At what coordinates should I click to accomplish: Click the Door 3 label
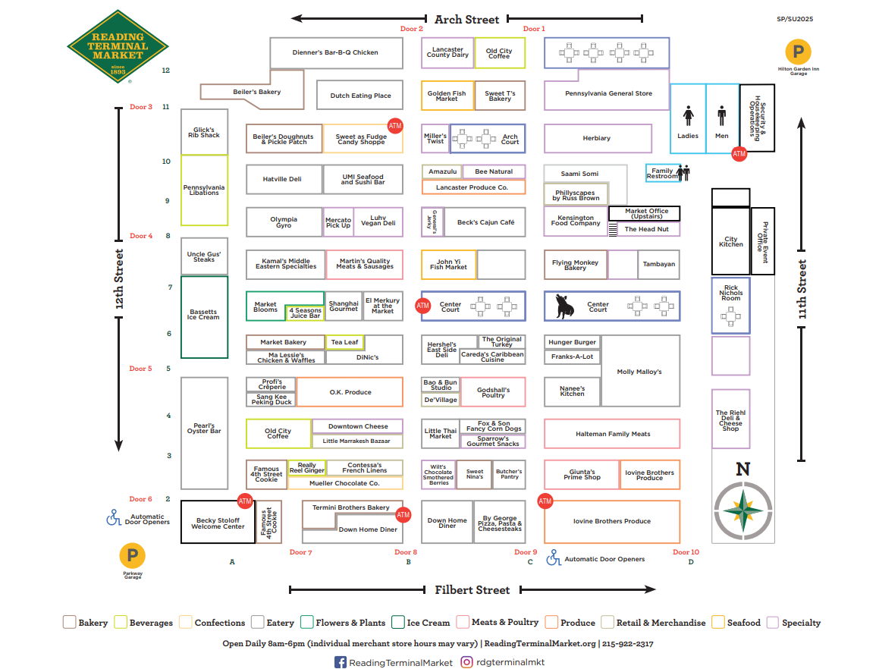click(x=140, y=107)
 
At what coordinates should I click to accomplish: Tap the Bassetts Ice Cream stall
click(x=204, y=316)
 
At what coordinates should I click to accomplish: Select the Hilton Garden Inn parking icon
click(x=798, y=52)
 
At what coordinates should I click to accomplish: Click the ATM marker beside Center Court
click(x=423, y=306)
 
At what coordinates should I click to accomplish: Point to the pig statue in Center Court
click(x=565, y=306)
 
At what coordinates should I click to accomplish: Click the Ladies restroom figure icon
click(x=688, y=117)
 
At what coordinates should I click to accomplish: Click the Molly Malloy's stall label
click(x=639, y=372)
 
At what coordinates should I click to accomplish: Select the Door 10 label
click(x=686, y=552)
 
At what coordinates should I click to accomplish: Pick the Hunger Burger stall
click(x=572, y=342)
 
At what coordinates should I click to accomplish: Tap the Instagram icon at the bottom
click(x=468, y=662)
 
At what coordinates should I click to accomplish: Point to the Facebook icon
click(x=341, y=662)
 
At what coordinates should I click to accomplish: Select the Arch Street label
click(x=466, y=19)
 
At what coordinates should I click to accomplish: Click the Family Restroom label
click(x=662, y=174)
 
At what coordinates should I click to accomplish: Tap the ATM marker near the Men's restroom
click(x=739, y=154)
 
